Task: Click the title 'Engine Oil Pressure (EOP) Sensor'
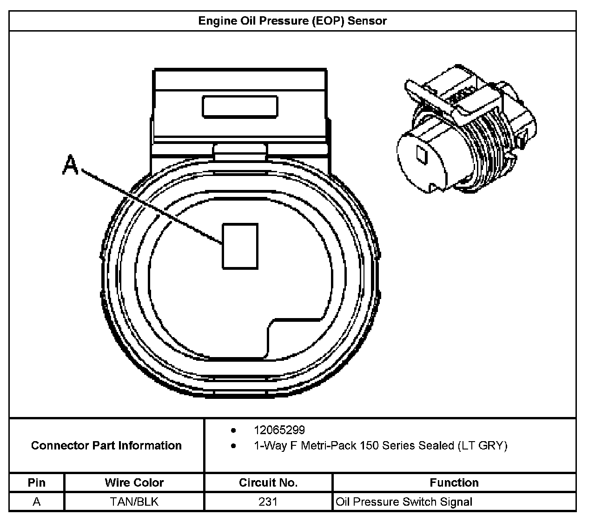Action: (x=292, y=21)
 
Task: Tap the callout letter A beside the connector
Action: (x=71, y=166)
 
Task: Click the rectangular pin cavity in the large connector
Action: (x=240, y=246)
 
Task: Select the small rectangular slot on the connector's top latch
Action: (x=240, y=106)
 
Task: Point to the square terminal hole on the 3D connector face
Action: (x=422, y=155)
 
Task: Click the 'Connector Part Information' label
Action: (x=106, y=446)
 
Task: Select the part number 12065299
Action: (x=279, y=430)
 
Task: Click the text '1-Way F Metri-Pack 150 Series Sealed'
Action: (x=354, y=446)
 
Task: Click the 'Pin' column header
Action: (x=37, y=482)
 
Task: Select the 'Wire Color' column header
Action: (x=134, y=482)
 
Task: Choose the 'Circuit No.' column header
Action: (x=268, y=482)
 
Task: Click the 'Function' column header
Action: (x=454, y=482)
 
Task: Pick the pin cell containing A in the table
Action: (x=37, y=502)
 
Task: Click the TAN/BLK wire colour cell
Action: (x=134, y=502)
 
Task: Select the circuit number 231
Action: (x=268, y=502)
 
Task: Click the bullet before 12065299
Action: (x=233, y=430)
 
